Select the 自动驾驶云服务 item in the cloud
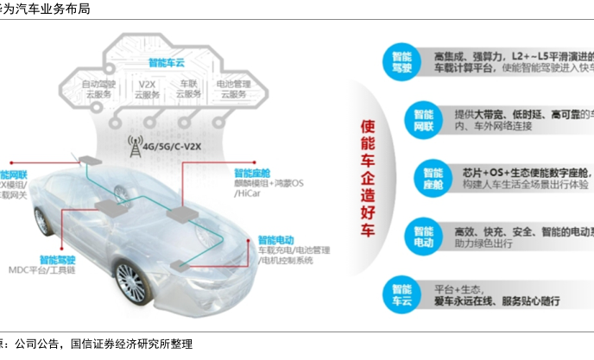97,90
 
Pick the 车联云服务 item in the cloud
188,90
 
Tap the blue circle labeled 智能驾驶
401,60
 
